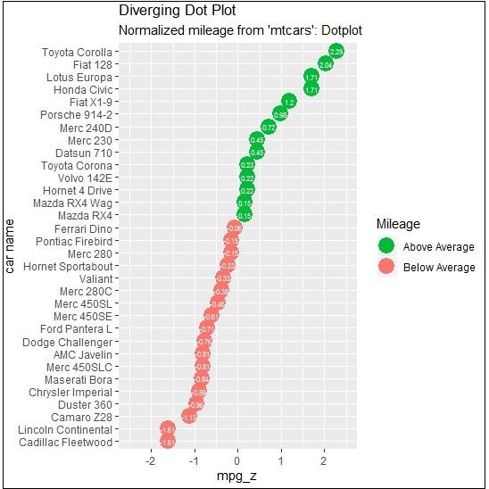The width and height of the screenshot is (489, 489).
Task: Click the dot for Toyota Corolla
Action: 336,53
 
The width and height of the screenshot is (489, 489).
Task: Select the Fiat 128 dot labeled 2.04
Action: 326,65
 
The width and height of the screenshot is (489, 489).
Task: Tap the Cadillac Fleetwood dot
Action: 167,442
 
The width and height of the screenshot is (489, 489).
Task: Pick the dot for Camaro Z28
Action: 188,417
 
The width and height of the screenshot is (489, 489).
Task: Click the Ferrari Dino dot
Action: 235,228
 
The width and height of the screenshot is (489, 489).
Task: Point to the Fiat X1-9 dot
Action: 288,103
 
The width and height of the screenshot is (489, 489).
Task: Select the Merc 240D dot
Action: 268,128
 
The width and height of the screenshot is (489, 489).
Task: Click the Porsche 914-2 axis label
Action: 77,115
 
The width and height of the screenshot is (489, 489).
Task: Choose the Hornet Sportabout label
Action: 68,266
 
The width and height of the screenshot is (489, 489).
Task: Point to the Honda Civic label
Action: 83,90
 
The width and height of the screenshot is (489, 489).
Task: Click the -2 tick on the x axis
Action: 149,462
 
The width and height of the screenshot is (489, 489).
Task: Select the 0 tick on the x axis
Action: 237,462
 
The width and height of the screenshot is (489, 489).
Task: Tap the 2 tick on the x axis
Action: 324,462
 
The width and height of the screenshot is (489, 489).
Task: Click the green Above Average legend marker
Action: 386,245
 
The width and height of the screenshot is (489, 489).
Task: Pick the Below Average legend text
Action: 439,268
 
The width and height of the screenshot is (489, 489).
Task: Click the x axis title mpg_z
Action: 237,477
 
